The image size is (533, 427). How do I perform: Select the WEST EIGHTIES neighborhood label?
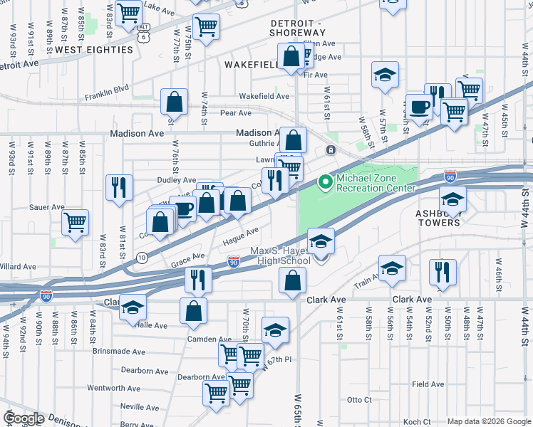pos(94,50)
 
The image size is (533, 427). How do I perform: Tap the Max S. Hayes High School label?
pos(281,256)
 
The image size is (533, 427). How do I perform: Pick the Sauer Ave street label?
pos(48,207)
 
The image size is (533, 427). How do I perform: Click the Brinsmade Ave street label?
pos(118,352)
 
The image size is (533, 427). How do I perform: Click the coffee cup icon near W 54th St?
pos(419,107)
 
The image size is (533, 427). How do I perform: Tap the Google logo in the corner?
pos(24,418)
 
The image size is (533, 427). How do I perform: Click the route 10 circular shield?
pos(142,257)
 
